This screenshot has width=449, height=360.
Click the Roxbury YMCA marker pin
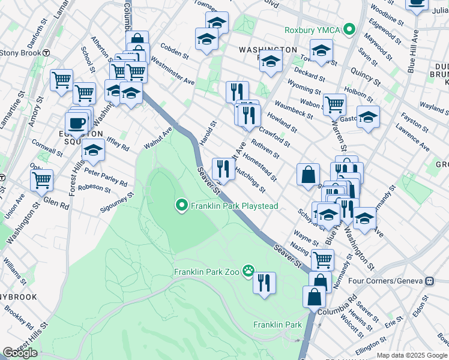pos(355,29)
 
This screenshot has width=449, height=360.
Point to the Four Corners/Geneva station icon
pos(429,281)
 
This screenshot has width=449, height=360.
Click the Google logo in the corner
pos(20,353)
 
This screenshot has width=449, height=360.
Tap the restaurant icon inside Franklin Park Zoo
pos(264,283)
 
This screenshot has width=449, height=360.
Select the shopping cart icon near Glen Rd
pos(41,179)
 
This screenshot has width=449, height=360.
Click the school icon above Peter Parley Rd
pos(93,151)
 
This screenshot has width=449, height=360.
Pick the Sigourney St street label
pos(118,202)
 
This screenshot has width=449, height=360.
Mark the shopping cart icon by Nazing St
pos(323,259)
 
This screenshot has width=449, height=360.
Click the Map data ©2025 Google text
pos(412,355)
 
